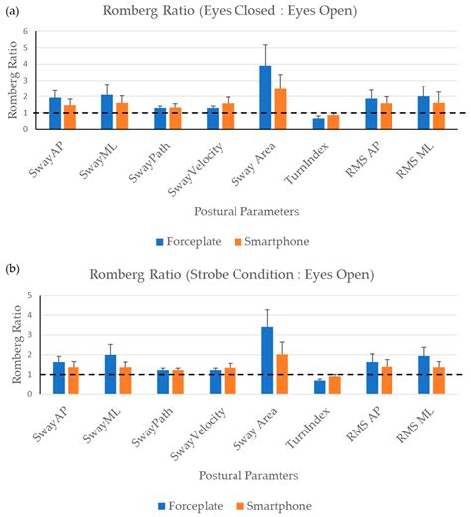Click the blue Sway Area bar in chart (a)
265,97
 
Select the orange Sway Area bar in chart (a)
280,109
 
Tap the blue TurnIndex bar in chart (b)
320,387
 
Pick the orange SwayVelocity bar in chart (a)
228,116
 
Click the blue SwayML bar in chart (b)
110,374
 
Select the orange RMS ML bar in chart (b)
439,381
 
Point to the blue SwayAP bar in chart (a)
55,113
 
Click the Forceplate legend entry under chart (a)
189,241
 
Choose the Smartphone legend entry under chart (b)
274,506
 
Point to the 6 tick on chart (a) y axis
25,31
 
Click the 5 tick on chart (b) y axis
30,295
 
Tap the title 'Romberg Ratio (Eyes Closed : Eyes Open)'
230,11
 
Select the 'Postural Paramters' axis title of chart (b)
248,476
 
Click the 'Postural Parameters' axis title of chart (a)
246,212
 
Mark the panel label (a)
12,12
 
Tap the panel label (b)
13,269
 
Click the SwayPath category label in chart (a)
149,162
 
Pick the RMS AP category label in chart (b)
363,425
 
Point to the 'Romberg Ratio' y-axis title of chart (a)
12,80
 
